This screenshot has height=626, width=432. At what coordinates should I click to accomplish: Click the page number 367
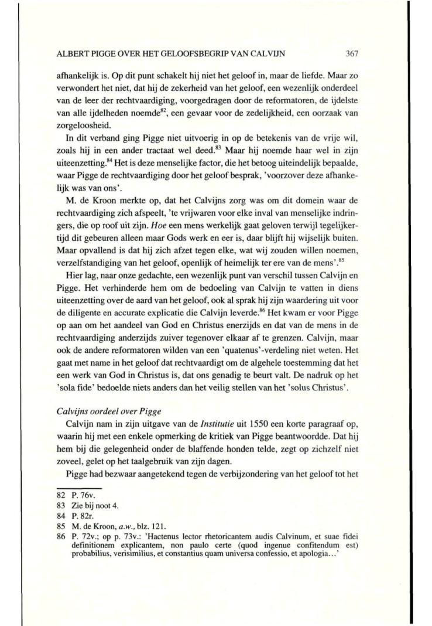pyautogui.click(x=351, y=53)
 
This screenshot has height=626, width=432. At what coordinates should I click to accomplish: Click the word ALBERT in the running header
pyautogui.click(x=71, y=53)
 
